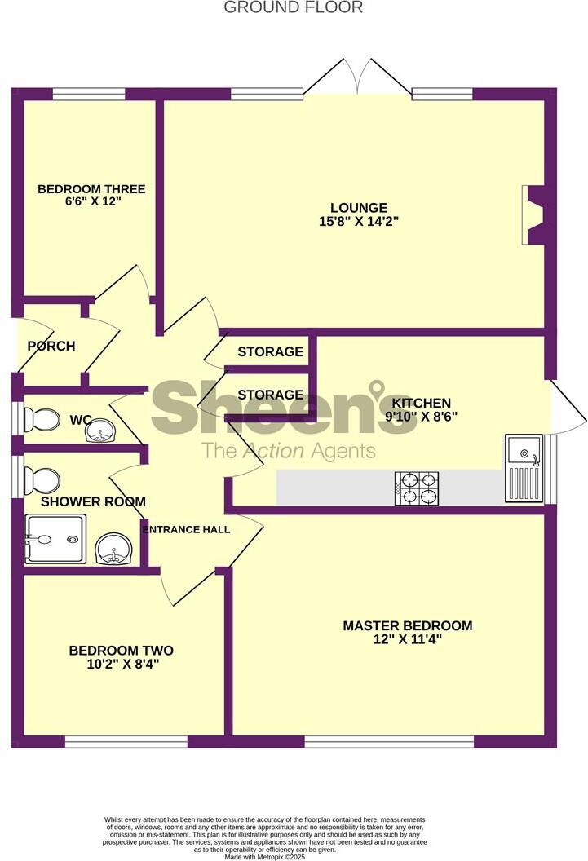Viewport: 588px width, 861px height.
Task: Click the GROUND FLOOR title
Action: pos(294,7)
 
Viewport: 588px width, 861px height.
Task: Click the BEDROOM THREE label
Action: pos(91,189)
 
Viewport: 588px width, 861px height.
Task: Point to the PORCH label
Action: pos(51,346)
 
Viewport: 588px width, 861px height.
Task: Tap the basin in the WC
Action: pos(102,430)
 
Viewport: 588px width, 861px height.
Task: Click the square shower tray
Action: pos(55,539)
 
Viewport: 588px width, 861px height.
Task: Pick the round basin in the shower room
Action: pos(113,550)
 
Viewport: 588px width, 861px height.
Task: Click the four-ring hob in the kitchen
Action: pos(418,488)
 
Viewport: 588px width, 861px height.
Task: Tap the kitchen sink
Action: pos(523,468)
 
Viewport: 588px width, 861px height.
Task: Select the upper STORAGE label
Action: pos(270,352)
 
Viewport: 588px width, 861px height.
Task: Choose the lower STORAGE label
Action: pos(270,395)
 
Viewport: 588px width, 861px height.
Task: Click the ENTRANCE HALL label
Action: pos(186,529)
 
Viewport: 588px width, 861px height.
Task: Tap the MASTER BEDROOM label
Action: pos(407,626)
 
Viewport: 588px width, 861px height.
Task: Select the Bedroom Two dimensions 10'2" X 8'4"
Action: pos(121,664)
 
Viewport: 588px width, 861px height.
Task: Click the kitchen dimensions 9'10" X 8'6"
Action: pos(421,415)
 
